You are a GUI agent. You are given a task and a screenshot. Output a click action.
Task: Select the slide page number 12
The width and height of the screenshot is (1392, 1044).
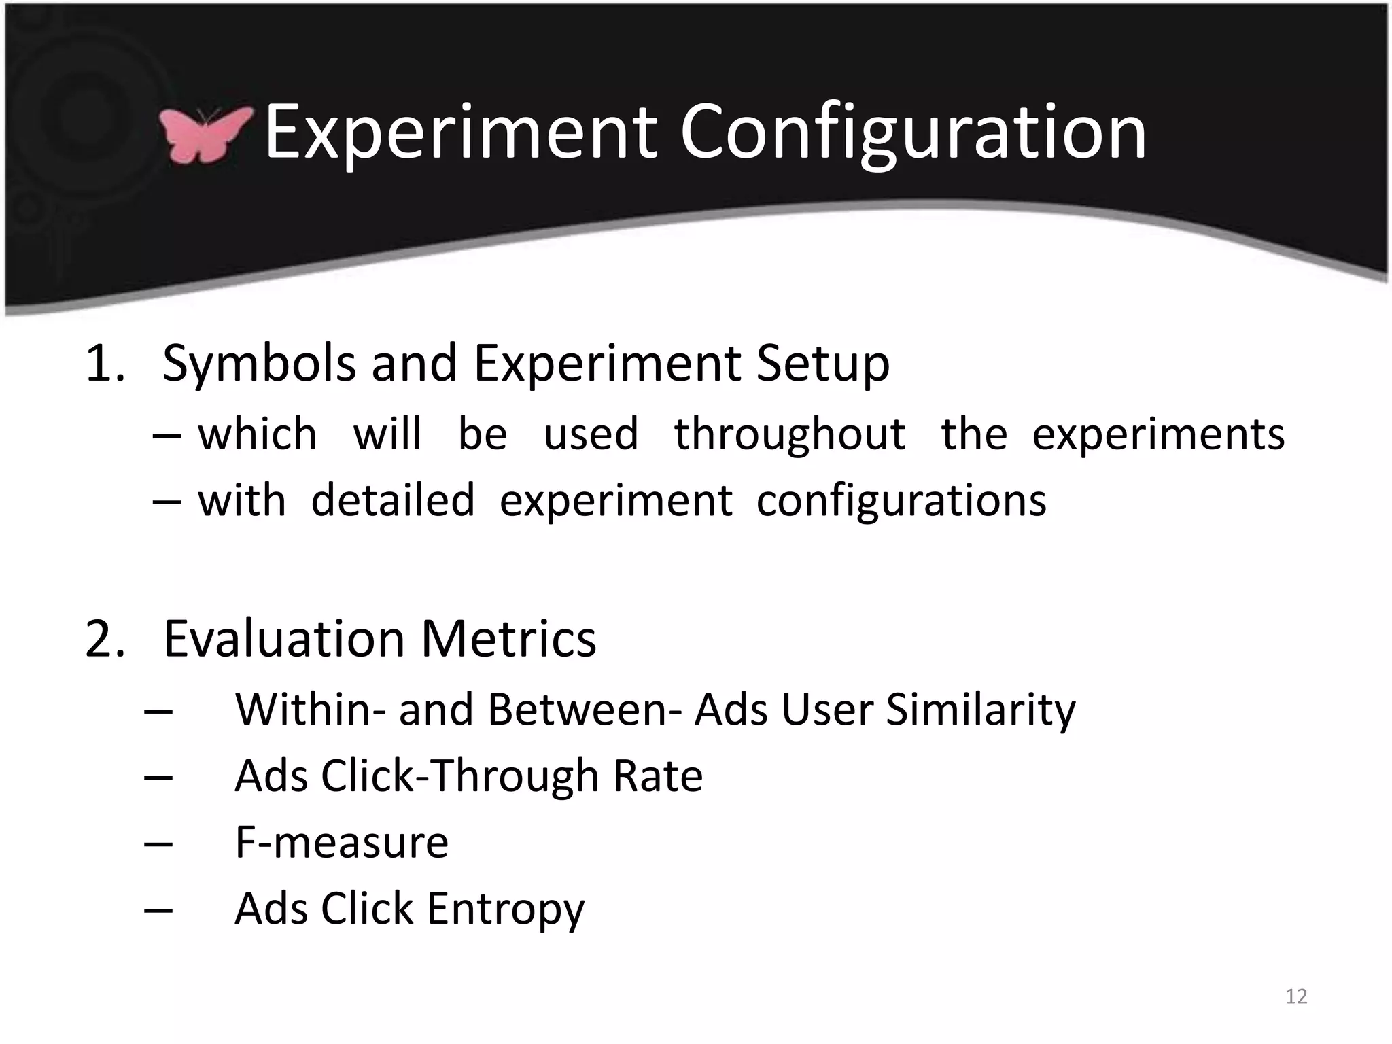1296,996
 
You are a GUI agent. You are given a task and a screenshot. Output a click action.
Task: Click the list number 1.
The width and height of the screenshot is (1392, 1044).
105,364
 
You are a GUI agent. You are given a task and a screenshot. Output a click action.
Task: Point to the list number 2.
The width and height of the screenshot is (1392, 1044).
105,639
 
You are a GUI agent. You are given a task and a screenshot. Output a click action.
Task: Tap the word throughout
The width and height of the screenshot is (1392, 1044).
790,434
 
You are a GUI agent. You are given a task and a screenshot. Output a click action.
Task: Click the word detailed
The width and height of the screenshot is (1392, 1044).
393,501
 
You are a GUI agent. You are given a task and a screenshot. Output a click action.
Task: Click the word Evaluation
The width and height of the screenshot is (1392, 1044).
284,639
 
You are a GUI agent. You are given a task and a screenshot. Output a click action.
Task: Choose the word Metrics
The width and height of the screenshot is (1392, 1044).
508,639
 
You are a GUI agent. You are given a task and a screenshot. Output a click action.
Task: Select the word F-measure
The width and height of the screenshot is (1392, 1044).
341,843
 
